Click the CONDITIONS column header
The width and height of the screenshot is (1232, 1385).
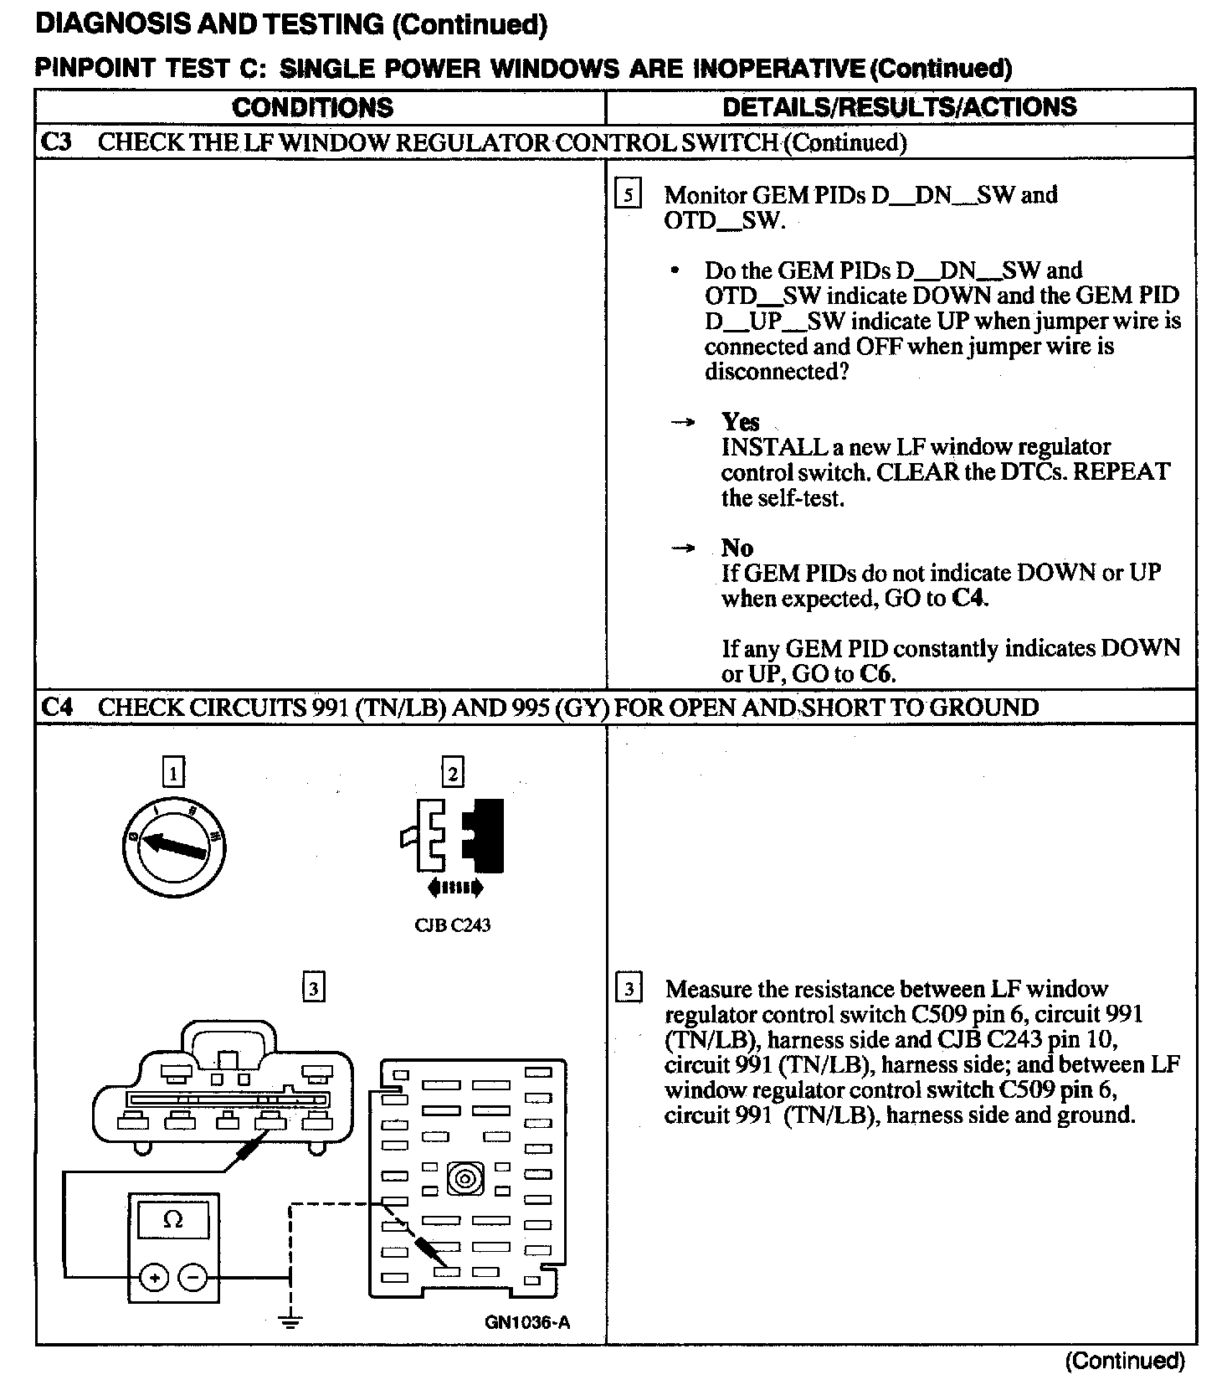pos(312,107)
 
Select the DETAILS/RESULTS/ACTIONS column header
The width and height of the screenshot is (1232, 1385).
pos(899,106)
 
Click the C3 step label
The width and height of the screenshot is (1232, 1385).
pos(56,142)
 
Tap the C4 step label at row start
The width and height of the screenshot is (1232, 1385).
pos(56,708)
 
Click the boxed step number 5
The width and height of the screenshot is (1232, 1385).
pos(628,195)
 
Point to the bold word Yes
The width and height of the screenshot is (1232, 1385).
pos(741,421)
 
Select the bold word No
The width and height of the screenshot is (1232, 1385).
pos(737,548)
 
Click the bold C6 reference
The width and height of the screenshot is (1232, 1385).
pos(878,674)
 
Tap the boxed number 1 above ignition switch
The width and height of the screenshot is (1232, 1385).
pos(173,771)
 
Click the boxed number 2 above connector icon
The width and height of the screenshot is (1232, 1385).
pos(452,771)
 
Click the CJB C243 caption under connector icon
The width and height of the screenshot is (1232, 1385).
pos(452,925)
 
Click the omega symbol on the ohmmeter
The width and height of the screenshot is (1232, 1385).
pos(173,1219)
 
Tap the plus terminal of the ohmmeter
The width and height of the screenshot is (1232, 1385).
pos(155,1278)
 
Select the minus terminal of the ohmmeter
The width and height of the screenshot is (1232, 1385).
pos(192,1278)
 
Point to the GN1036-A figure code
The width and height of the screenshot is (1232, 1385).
pos(527,1322)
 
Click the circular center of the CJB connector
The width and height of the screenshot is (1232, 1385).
pos(466,1179)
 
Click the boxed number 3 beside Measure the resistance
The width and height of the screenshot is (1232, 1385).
pos(629,989)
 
